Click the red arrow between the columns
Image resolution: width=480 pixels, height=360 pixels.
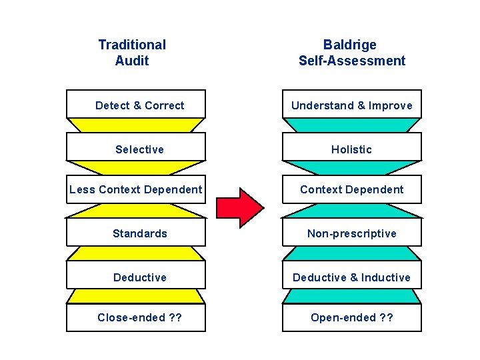[x=241, y=207]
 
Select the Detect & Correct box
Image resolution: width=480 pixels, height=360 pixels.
[x=136, y=105]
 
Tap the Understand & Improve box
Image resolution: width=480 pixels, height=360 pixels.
[x=351, y=105]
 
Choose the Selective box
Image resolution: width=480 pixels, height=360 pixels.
[x=136, y=149]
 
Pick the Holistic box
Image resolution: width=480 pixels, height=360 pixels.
[x=351, y=149]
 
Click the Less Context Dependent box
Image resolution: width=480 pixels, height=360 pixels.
[x=136, y=189]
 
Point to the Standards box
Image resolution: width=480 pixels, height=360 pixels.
[x=136, y=233]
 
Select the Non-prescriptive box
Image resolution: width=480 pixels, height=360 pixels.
[x=351, y=233]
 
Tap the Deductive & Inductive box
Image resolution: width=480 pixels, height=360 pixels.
[x=351, y=277]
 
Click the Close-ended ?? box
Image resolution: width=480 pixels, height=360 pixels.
[x=136, y=317]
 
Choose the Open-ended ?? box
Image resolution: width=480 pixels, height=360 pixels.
[x=351, y=317]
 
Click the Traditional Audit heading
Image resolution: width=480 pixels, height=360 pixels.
[x=132, y=53]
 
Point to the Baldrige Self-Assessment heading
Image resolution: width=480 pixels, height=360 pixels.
[x=351, y=53]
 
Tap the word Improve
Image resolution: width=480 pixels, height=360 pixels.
[x=391, y=105]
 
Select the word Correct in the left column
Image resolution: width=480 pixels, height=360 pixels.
[x=165, y=105]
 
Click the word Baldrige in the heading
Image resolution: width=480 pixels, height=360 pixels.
[x=350, y=45]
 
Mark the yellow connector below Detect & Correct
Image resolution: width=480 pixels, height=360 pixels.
[x=136, y=125]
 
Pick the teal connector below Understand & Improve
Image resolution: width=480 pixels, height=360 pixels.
[x=351, y=125]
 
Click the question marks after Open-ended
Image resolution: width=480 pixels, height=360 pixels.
[x=386, y=317]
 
